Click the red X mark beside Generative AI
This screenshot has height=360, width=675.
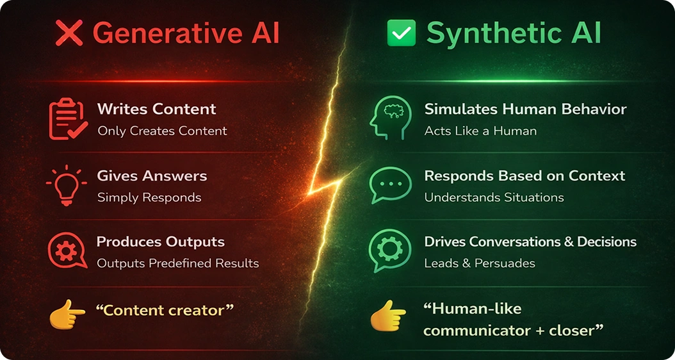tap(69, 33)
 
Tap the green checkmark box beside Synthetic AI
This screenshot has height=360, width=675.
tap(402, 33)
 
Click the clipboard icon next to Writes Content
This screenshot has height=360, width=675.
tap(68, 119)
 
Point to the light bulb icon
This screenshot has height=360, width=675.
tap(66, 186)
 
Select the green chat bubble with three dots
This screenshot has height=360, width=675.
tap(390, 186)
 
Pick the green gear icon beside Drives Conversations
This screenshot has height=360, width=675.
tap(389, 251)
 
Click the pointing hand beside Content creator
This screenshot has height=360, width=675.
tap(67, 313)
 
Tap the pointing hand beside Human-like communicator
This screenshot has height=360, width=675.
tap(388, 316)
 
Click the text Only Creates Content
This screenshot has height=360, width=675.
tap(162, 131)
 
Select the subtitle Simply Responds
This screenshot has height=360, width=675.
tap(149, 197)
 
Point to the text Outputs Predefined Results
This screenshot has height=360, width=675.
tap(177, 263)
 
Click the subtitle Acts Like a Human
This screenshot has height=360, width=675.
tap(480, 131)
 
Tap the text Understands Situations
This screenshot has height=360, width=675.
tap(494, 197)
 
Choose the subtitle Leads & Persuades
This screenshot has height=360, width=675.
tap(479, 263)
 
